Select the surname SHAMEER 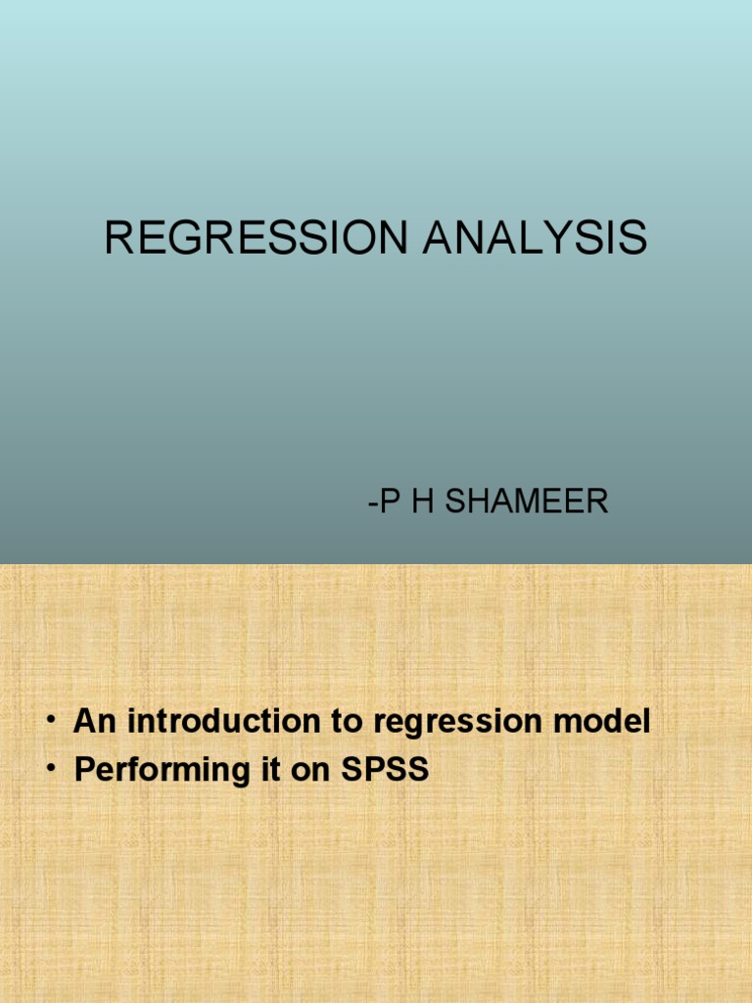535,502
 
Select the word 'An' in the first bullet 94,723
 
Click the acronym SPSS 385,770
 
